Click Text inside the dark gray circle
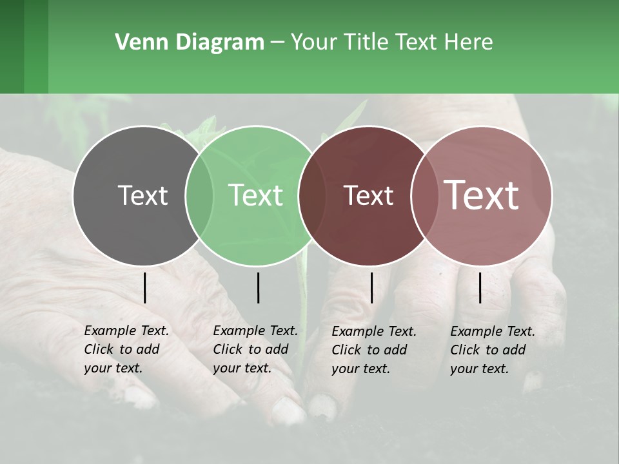point(142,195)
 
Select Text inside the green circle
point(255,195)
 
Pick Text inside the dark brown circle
point(368,195)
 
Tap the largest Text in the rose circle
point(481,195)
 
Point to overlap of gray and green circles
point(199,195)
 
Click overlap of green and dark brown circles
point(312,195)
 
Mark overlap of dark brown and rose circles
point(425,195)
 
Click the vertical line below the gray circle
point(145,287)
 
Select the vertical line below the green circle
point(258,287)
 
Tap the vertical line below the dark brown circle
point(371,287)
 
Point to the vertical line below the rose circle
point(480,287)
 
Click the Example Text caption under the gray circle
point(126,349)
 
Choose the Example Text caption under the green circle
point(255,349)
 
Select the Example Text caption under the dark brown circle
point(374,350)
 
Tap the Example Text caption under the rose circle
point(493,350)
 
